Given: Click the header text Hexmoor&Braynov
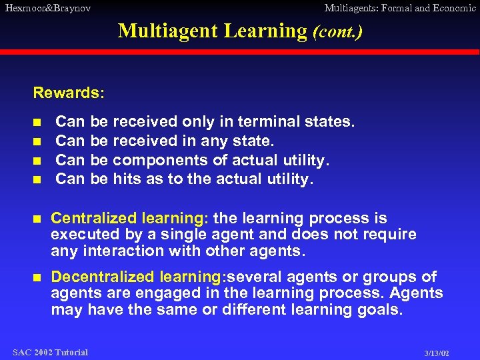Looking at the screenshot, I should pyautogui.click(x=47, y=9).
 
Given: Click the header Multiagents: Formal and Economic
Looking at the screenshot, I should pyautogui.click(x=399, y=9).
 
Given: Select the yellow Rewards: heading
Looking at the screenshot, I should pyautogui.click(x=69, y=93).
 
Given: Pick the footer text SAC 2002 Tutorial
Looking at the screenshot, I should pyautogui.click(x=50, y=352).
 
